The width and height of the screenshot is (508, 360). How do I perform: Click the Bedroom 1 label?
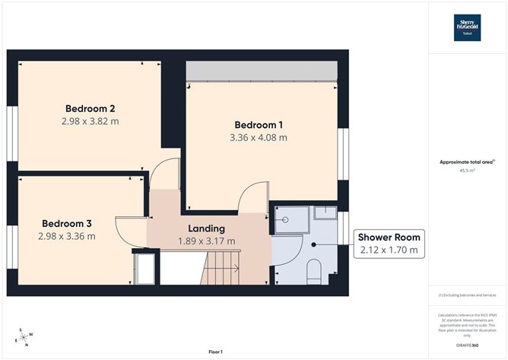click(x=259, y=125)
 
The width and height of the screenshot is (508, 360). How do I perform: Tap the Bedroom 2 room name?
click(x=90, y=107)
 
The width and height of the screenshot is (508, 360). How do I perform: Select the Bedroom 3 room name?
click(x=67, y=223)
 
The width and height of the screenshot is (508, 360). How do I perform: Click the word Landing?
click(x=206, y=228)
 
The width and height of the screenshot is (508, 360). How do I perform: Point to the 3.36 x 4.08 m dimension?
click(x=259, y=138)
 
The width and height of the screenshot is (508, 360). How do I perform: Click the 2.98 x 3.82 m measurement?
click(x=90, y=120)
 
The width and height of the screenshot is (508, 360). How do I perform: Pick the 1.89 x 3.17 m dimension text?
click(x=206, y=241)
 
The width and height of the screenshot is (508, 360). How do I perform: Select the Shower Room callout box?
click(x=389, y=243)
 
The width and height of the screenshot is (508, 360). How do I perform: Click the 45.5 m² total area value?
click(x=467, y=171)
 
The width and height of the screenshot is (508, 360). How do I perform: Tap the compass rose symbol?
click(x=26, y=336)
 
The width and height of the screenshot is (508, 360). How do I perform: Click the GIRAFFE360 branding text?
click(x=467, y=344)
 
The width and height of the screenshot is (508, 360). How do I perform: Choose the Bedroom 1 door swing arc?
click(x=251, y=196)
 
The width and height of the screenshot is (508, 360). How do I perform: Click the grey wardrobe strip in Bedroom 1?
click(x=261, y=71)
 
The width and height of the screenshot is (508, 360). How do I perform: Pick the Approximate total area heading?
click(x=465, y=161)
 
